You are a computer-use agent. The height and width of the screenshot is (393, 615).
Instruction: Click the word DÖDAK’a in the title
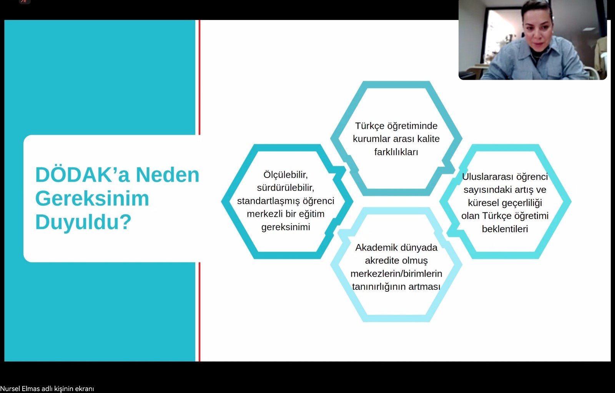tap(82, 175)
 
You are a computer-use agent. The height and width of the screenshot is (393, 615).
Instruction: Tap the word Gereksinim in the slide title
tap(92, 199)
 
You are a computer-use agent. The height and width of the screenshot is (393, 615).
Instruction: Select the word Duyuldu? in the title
tap(83, 222)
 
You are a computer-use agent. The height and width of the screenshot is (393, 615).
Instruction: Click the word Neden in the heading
tap(168, 175)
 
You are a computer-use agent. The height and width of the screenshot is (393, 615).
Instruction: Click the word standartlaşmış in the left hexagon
tap(269, 201)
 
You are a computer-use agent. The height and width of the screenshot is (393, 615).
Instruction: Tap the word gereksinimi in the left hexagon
tap(286, 227)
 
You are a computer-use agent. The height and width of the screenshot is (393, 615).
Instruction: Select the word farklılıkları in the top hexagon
tap(396, 152)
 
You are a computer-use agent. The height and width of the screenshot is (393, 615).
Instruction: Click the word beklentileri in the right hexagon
tap(505, 229)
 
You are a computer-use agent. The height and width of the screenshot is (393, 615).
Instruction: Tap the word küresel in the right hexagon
tap(483, 203)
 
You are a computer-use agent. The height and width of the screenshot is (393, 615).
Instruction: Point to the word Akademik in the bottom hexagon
tap(375, 248)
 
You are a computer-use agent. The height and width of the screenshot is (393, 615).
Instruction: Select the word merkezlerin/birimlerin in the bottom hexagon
tap(396, 274)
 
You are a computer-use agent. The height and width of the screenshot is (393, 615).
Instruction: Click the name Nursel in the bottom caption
tap(10, 389)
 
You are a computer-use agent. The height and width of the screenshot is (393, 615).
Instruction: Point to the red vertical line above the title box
tap(199, 77)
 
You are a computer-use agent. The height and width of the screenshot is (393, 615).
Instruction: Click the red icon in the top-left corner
tap(24, 2)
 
